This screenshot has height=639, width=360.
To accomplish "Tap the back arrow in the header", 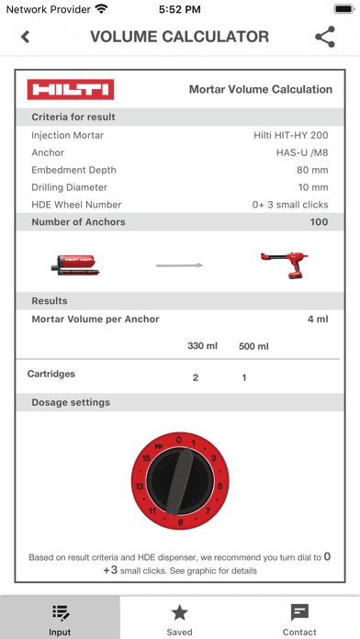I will [25, 38].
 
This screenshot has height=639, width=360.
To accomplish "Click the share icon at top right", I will [325, 38].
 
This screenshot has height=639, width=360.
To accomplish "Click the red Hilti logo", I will [70, 89].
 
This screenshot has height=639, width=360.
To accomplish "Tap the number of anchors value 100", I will [319, 222].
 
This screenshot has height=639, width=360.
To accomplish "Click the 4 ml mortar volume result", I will [318, 319].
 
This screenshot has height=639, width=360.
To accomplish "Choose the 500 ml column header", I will [253, 346].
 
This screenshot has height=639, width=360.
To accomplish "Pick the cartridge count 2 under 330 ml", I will [195, 377].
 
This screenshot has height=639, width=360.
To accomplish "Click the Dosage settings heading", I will [71, 402].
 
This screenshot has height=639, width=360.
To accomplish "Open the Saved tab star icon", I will [180, 613].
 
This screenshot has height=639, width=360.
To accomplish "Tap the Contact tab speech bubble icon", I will [299, 613].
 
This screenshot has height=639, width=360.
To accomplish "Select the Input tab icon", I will [61, 613].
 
